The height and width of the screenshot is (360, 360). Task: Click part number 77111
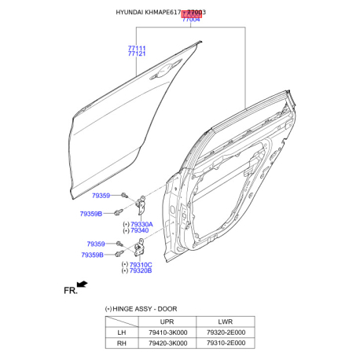[137, 48]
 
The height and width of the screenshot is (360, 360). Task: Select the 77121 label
[137, 55]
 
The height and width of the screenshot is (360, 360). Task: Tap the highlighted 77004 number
[191, 19]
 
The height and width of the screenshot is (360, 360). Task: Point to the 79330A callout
[139, 224]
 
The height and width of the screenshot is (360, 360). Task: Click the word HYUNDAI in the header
[131, 12]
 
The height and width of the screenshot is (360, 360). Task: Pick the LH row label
[122, 332]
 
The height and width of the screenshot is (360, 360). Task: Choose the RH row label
[122, 343]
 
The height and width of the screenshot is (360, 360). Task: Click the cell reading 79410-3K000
[167, 332]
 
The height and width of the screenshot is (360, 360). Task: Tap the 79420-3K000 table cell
[167, 343]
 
